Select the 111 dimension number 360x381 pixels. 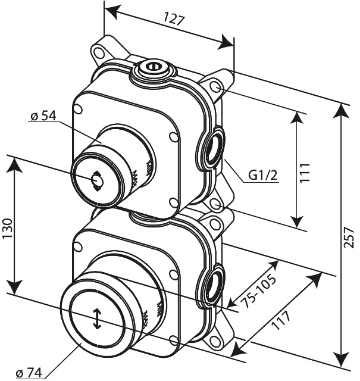(308, 173)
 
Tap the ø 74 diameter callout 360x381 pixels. (28, 373)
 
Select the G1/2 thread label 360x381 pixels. (264, 176)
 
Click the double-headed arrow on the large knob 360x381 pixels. (97, 318)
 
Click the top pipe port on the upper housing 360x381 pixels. (152, 67)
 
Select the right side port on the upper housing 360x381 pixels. (213, 148)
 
